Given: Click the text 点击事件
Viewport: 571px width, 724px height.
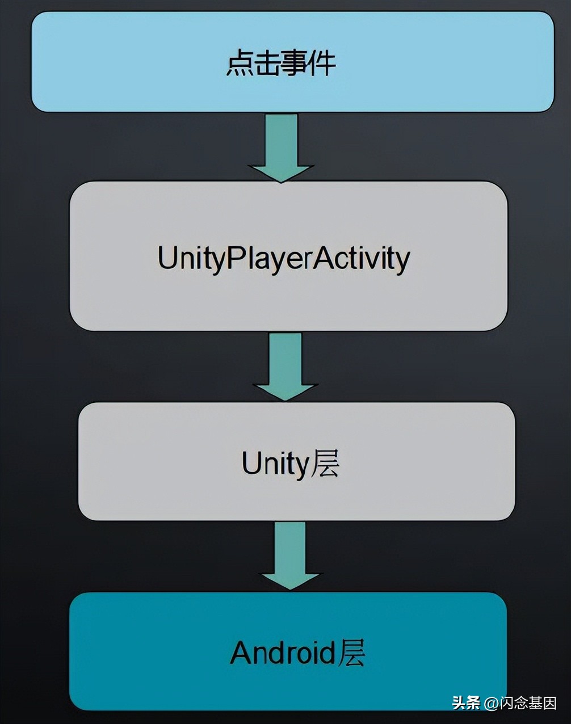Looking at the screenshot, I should [281, 62].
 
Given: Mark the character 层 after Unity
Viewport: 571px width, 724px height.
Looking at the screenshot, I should [325, 464].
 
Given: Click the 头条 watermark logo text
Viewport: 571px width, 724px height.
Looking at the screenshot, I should [466, 704].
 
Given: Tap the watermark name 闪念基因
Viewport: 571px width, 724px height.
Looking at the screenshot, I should [528, 704].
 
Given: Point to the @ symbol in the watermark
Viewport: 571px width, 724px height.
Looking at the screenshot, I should [490, 704].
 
